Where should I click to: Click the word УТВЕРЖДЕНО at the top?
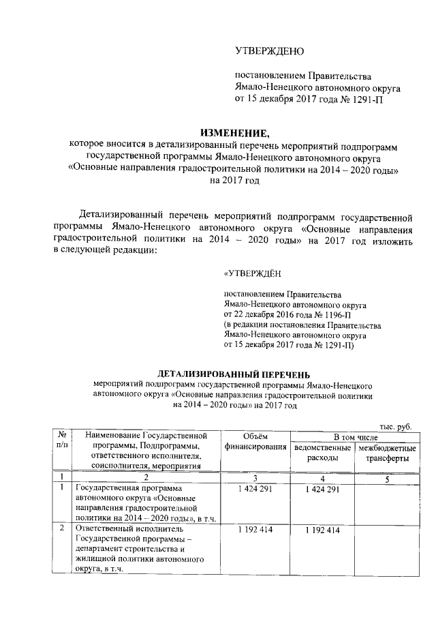coord(269,51)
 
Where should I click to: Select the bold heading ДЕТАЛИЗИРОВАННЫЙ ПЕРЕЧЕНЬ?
coord(234,374)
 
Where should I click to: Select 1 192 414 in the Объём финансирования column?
coord(255,530)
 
